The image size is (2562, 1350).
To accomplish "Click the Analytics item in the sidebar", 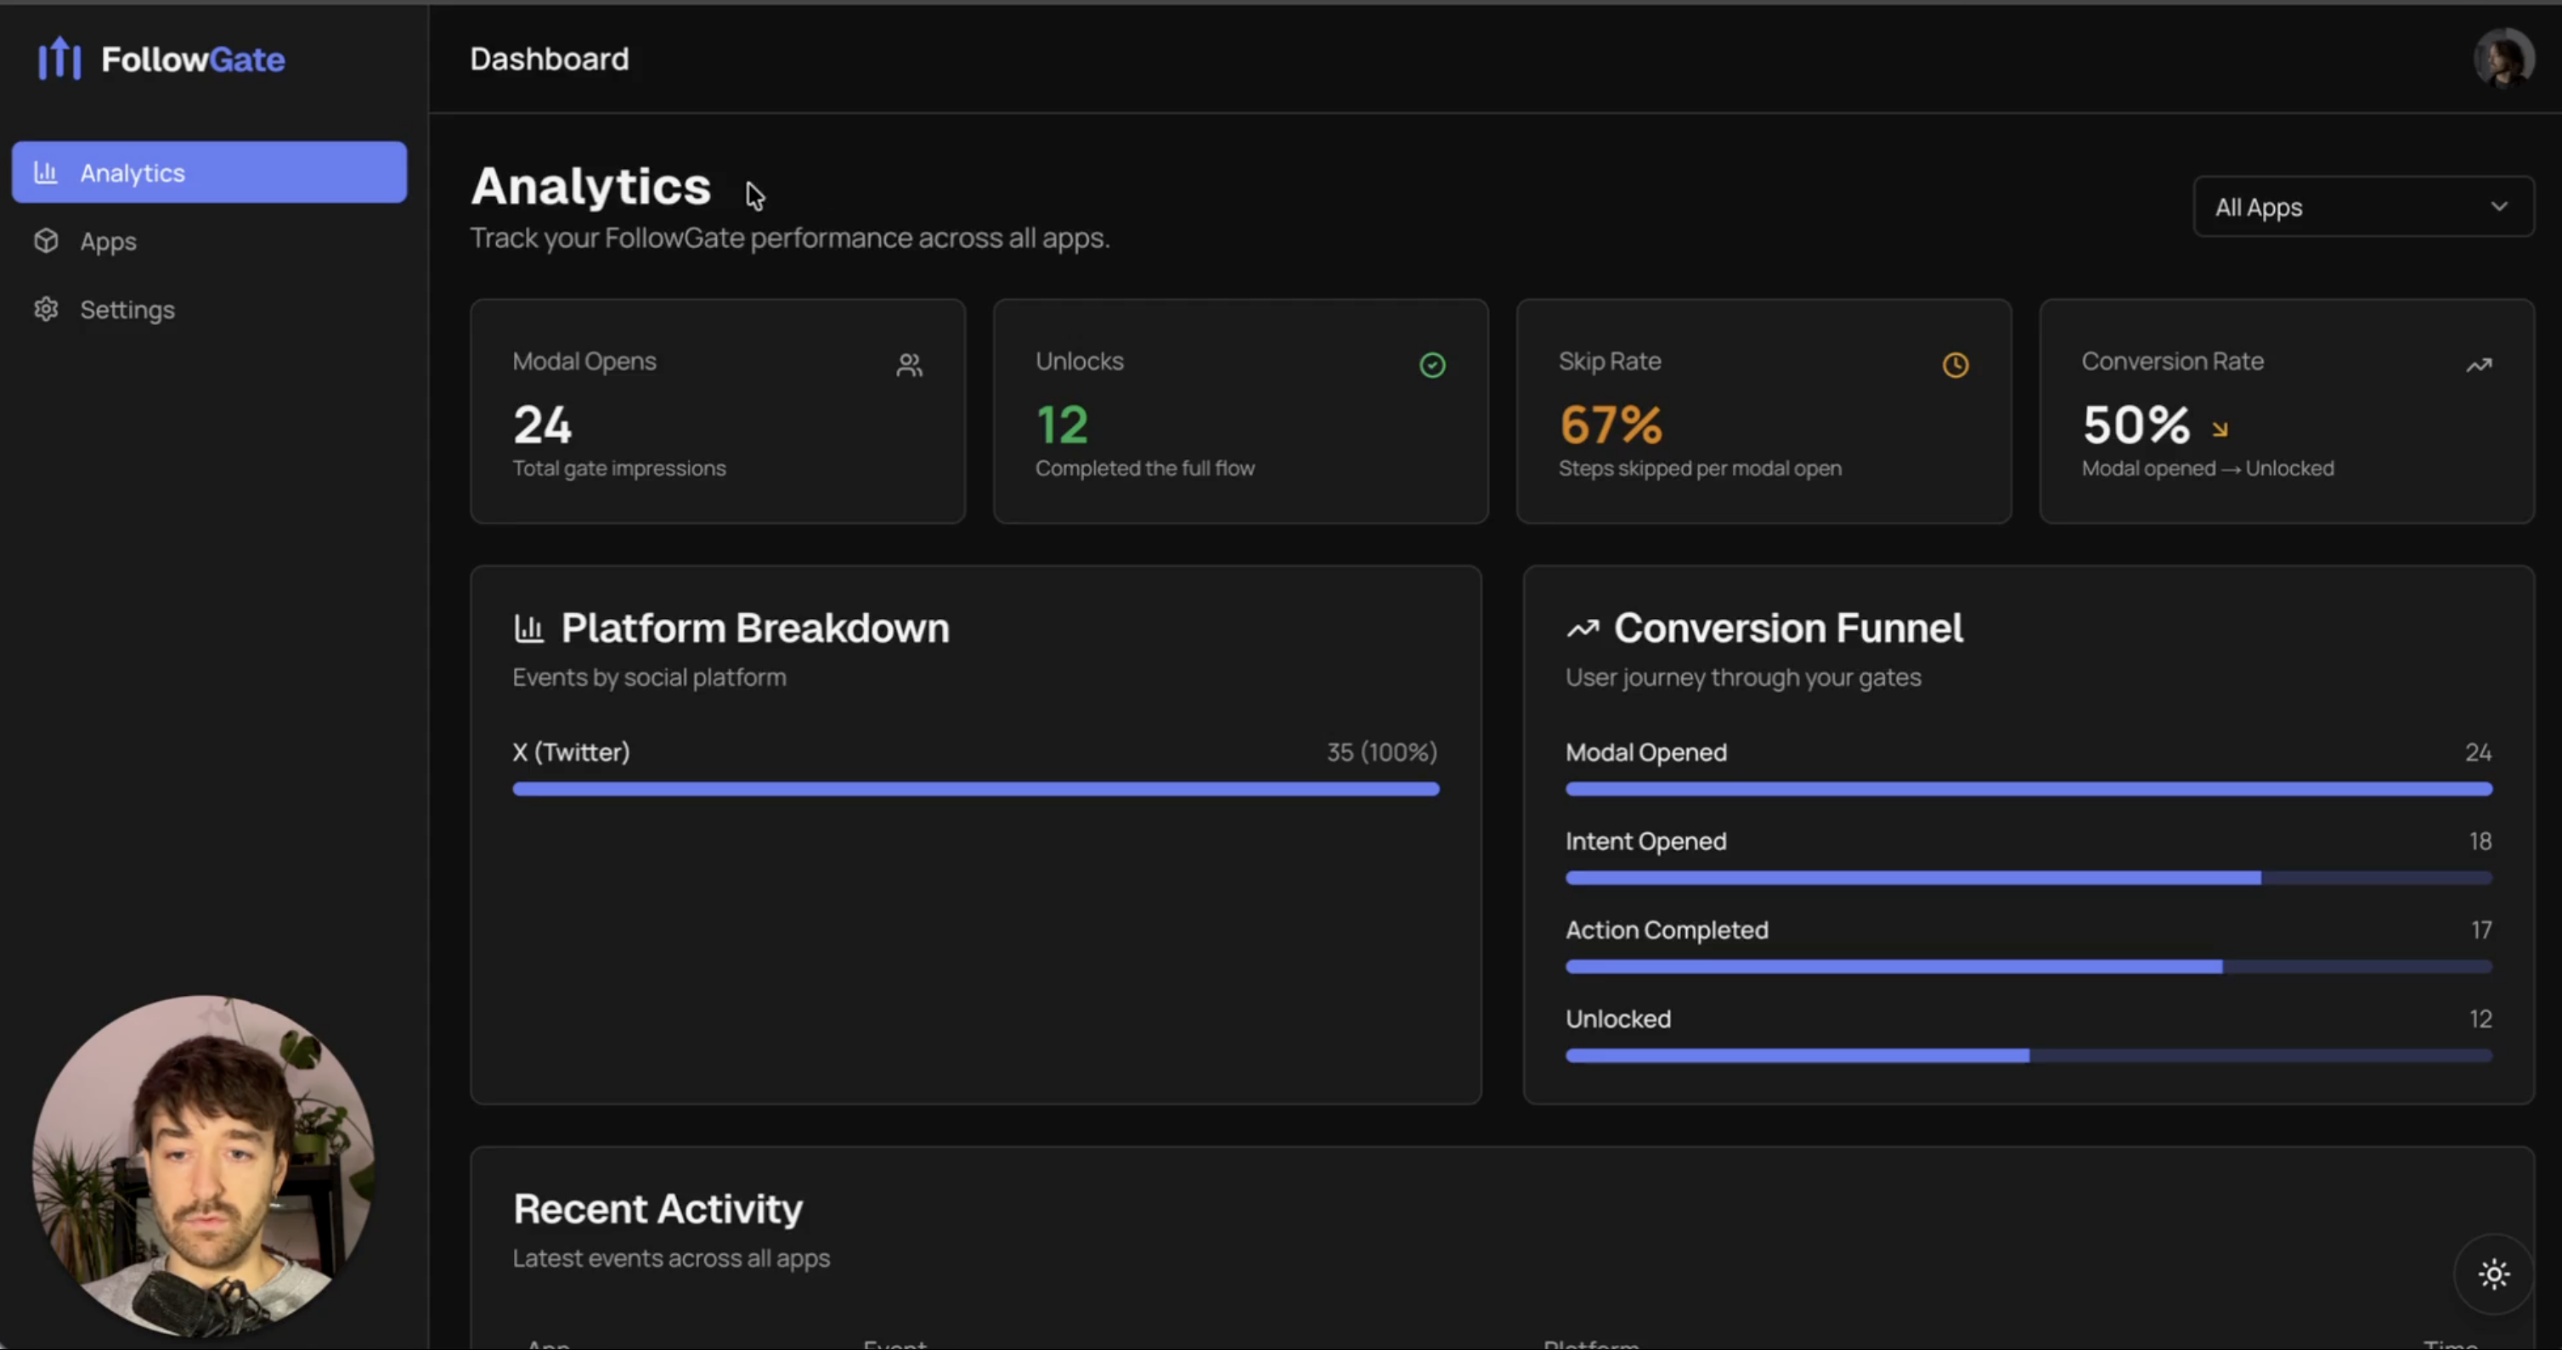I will (x=209, y=173).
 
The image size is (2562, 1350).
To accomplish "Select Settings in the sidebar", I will (x=127, y=310).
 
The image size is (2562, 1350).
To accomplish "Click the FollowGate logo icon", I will (x=59, y=59).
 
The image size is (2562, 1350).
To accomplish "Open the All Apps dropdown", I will (x=2362, y=207).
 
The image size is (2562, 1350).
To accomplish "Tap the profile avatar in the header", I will (x=2503, y=59).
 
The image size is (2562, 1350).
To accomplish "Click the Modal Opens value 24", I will (x=542, y=425).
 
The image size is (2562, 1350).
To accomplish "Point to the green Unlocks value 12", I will (x=1061, y=425).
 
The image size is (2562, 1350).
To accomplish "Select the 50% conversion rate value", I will (x=2136, y=425).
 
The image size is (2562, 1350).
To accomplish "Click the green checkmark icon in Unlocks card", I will (x=1432, y=366).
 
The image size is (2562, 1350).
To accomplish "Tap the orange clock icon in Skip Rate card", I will (x=1955, y=366).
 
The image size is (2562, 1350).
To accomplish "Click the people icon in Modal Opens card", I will (x=909, y=366).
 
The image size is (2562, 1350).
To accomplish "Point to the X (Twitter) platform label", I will (x=571, y=752).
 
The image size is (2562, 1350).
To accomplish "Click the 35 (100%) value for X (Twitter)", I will (x=1381, y=752).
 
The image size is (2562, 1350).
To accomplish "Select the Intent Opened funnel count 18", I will (x=2480, y=842).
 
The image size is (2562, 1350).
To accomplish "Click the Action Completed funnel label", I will (x=1667, y=931).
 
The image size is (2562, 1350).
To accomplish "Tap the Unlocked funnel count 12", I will (x=2480, y=1019).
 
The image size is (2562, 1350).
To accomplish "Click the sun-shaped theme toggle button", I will (x=2493, y=1274).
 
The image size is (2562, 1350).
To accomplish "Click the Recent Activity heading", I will (x=657, y=1209).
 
